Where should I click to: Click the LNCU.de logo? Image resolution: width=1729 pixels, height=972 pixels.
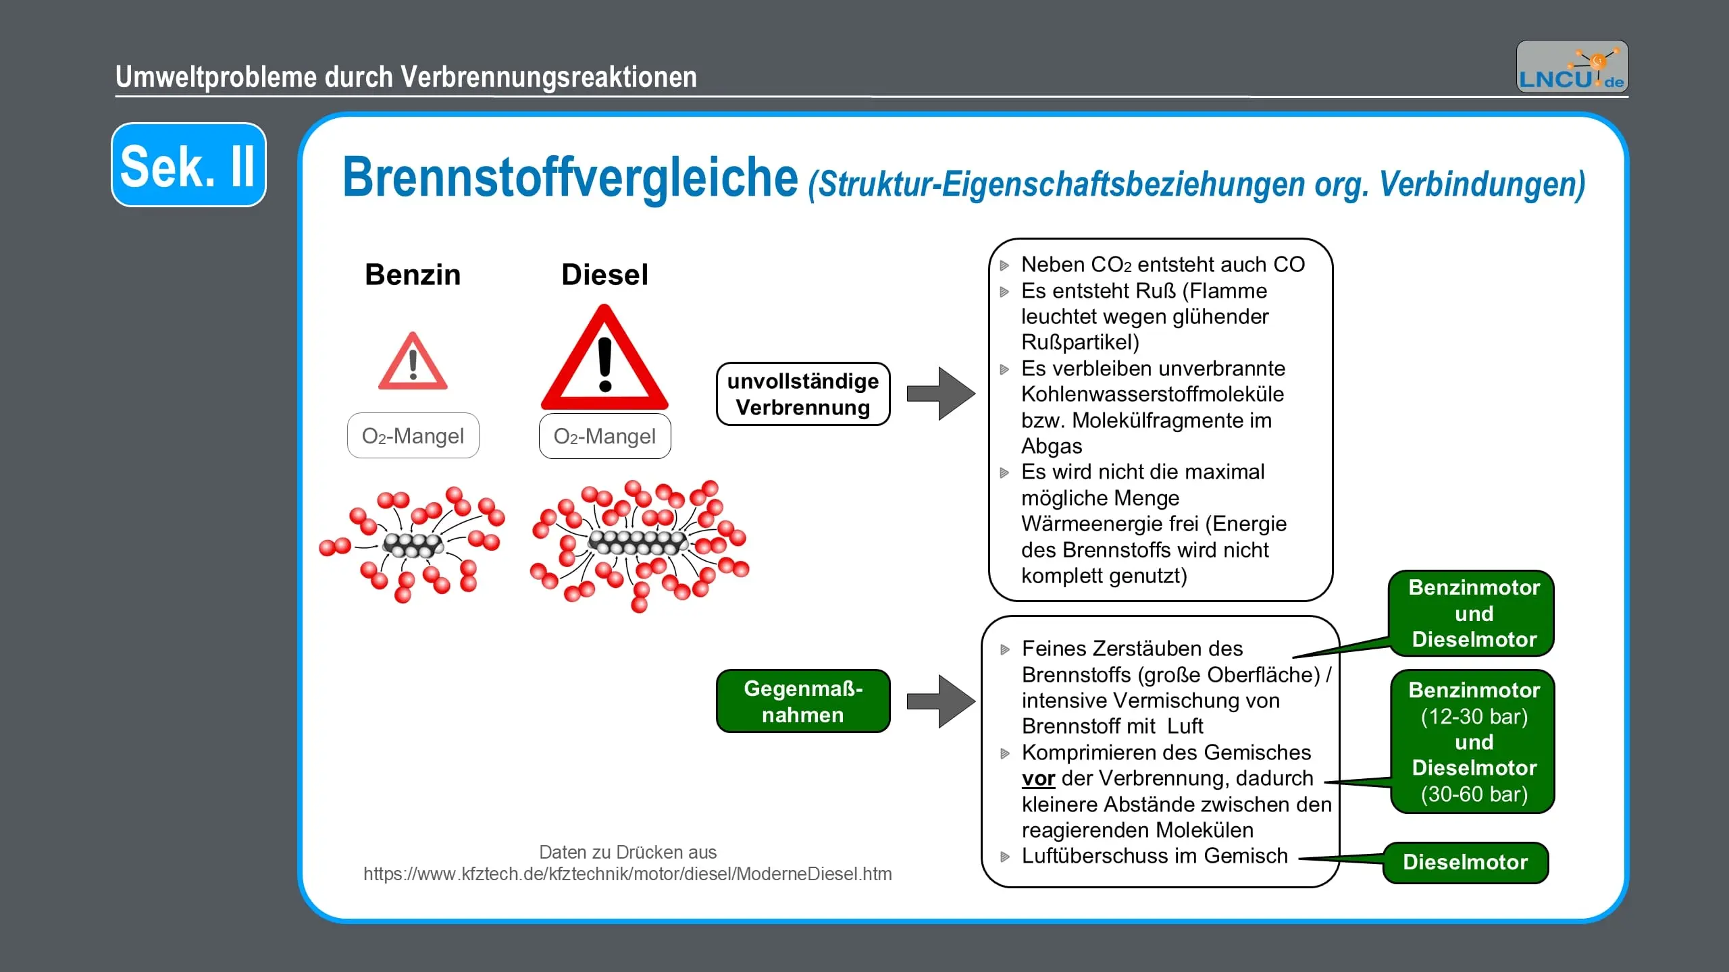pos(1572,67)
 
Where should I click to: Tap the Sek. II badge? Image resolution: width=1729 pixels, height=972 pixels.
pos(188,165)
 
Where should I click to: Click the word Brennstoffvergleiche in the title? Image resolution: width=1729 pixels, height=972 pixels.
pos(570,178)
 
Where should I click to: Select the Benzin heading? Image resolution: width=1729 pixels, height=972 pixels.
pos(413,275)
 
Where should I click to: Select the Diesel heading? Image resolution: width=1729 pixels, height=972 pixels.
pos(604,275)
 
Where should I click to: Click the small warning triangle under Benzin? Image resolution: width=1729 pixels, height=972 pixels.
pos(413,362)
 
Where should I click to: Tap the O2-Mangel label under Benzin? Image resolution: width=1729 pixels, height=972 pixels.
pos(413,436)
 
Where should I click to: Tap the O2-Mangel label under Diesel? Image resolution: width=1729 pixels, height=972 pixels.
pos(604,436)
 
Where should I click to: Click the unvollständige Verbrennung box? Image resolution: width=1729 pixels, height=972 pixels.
pos(803,394)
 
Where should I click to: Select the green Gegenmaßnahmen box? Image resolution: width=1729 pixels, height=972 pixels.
pos(803,701)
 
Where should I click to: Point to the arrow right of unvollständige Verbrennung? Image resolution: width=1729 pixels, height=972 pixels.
pos(940,394)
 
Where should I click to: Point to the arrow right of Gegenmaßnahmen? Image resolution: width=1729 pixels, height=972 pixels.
pos(940,701)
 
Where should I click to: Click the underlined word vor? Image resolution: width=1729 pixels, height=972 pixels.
pos(1038,779)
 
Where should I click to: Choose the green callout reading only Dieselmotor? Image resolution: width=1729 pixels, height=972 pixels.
pos(1465,862)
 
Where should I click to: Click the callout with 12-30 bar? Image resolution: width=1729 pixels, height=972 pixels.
pos(1474,742)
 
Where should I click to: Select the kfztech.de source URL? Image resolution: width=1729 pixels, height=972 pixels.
pos(627,874)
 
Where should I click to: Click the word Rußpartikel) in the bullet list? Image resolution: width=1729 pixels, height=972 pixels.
pos(1080,342)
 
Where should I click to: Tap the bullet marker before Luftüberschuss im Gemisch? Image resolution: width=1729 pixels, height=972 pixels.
pos(1005,857)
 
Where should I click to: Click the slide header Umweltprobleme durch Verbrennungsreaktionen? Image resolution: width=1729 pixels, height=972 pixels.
pos(406,77)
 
